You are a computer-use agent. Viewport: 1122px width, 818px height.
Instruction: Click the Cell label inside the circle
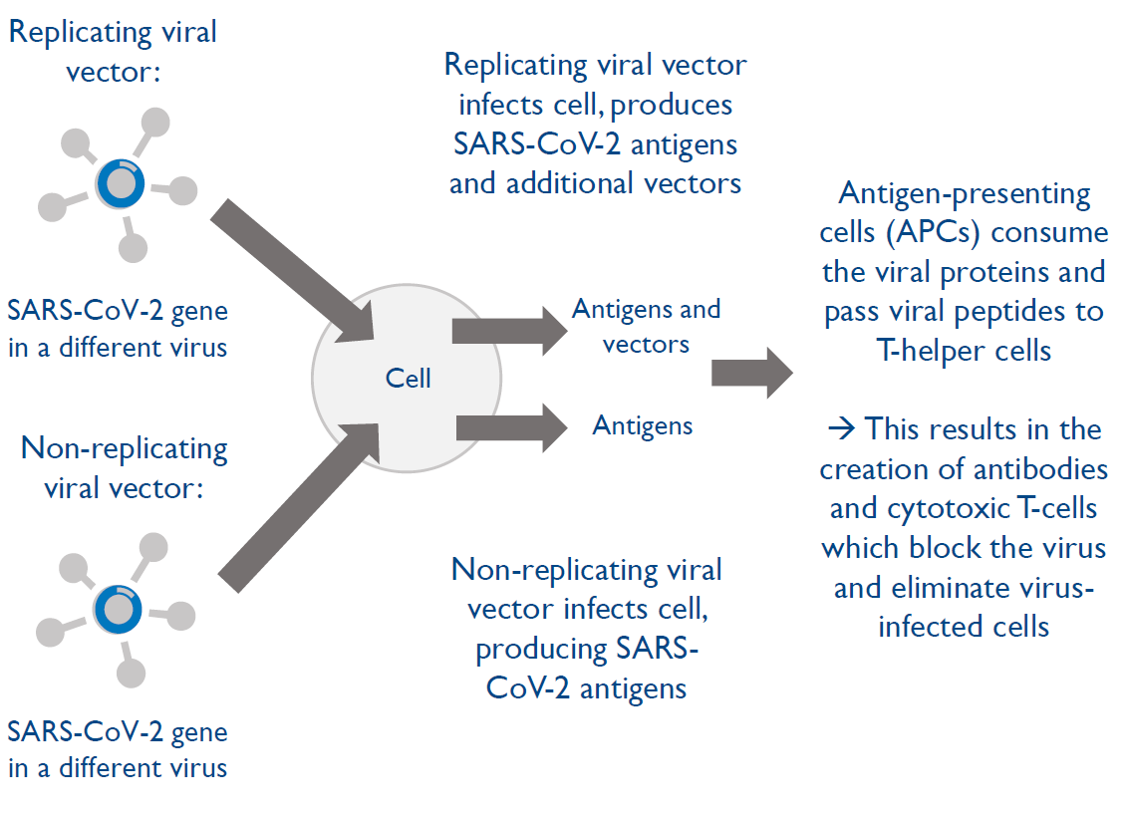tap(409, 379)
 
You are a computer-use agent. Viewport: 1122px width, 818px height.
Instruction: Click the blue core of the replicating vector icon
tap(121, 183)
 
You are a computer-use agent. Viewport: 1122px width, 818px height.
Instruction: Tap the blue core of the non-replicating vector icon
tap(119, 608)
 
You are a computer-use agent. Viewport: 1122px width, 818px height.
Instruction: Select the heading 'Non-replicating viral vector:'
tap(124, 469)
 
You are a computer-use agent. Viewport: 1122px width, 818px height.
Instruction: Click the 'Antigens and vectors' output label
tap(646, 327)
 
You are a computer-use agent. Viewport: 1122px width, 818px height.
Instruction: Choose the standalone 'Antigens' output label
tap(643, 426)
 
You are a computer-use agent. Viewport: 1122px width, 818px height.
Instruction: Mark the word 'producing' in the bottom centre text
tap(539, 650)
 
